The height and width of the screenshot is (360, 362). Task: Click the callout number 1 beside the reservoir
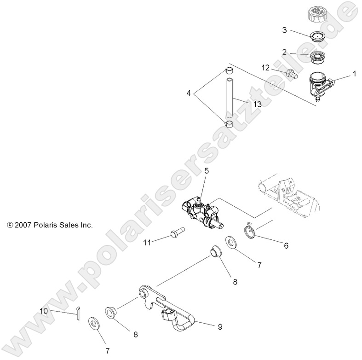(355, 73)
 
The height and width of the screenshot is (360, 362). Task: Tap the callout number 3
(285, 30)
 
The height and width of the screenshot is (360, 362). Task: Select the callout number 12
(265, 68)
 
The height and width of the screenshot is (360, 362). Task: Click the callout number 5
(207, 171)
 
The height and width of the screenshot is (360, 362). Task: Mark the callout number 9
(220, 326)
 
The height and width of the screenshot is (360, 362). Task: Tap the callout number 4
(188, 93)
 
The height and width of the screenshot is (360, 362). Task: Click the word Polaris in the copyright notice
(41, 225)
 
